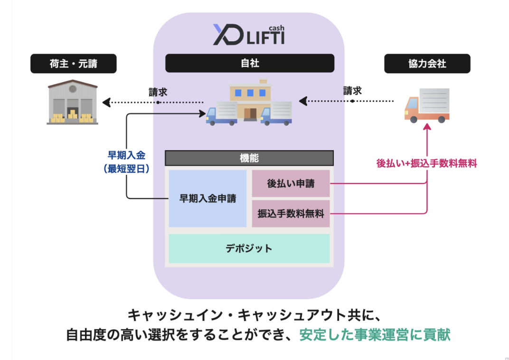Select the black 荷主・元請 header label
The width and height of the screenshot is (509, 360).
click(74, 64)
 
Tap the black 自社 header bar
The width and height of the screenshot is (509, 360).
click(249, 63)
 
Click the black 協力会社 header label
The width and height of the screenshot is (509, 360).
click(427, 64)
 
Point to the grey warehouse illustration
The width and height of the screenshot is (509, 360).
click(72, 102)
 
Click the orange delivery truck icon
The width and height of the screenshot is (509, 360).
click(427, 105)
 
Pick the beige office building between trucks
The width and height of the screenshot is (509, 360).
click(249, 99)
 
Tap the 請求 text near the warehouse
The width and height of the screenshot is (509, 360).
click(158, 92)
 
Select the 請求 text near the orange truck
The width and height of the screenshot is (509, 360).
click(352, 90)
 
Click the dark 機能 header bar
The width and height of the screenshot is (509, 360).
click(249, 158)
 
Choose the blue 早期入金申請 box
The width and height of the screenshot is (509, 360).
click(207, 199)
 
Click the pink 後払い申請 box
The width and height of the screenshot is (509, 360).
click(291, 183)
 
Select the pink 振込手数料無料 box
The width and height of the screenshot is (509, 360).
click(291, 214)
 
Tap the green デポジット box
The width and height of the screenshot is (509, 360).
click(249, 248)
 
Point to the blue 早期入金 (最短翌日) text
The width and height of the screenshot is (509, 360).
click(126, 161)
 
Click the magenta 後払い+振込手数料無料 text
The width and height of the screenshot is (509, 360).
click(426, 163)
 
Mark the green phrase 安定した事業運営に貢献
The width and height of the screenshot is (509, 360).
click(375, 334)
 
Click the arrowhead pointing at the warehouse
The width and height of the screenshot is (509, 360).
click(107, 102)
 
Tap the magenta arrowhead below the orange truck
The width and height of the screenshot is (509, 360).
click(427, 127)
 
